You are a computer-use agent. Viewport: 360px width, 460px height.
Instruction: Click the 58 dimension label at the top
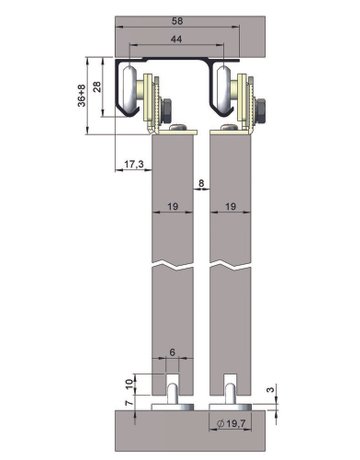click(x=177, y=21)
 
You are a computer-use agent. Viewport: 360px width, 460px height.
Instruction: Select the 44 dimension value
click(x=176, y=39)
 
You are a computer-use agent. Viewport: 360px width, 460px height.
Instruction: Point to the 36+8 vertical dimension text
click(x=81, y=96)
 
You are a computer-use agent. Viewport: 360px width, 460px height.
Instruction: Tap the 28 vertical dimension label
click(x=97, y=87)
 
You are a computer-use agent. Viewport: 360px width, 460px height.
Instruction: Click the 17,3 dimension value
click(x=134, y=164)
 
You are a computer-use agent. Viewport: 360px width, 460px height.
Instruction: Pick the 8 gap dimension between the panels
click(x=201, y=183)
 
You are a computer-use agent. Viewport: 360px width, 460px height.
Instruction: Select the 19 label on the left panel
click(x=172, y=207)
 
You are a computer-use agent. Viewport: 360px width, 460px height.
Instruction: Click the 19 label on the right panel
click(x=231, y=207)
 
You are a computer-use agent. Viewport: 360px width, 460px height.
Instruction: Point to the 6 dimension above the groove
click(x=172, y=352)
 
